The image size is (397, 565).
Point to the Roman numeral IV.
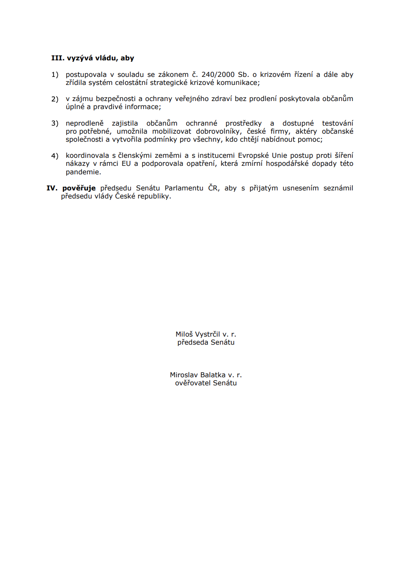pyautogui.click(x=53, y=188)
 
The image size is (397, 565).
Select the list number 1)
pyautogui.click(x=55, y=75)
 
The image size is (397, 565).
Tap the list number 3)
pyautogui.click(x=55, y=123)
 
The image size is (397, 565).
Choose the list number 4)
pyautogui.click(x=55, y=156)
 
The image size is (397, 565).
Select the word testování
pyautogui.click(x=337, y=123)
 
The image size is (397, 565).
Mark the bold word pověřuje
pyautogui.click(x=79, y=188)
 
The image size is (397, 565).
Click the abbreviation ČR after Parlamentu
pyautogui.click(x=213, y=188)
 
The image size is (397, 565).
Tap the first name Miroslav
pyautogui.click(x=184, y=375)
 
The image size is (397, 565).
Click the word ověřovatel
pyautogui.click(x=193, y=383)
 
